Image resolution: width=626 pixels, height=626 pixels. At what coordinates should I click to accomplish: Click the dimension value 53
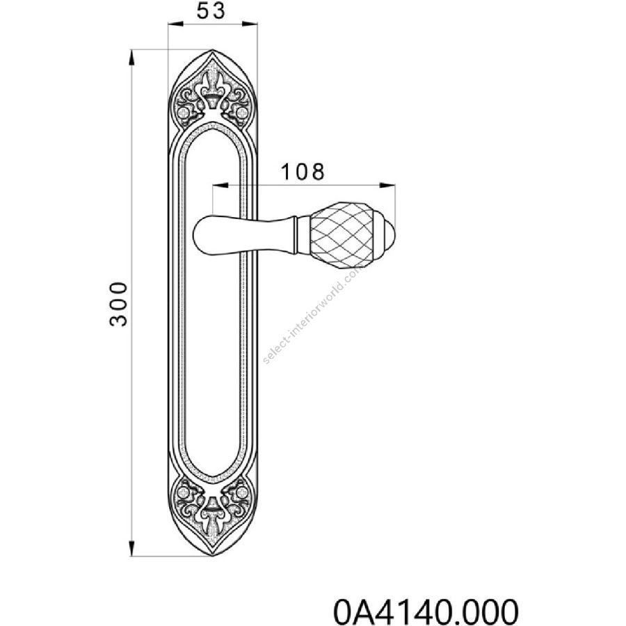pos(211,10)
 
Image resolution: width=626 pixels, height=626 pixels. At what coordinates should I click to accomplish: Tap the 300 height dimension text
pos(118,304)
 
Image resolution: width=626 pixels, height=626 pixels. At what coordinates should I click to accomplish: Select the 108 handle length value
pos(303,172)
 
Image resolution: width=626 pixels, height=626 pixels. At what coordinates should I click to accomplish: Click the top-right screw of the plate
pos(241,112)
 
